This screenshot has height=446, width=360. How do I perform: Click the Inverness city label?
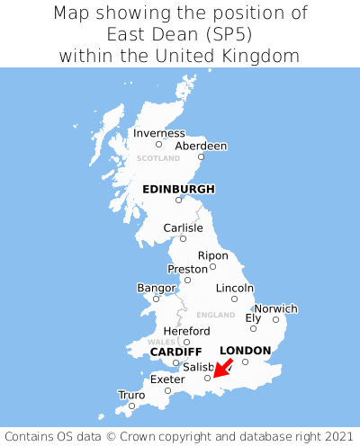[158, 133]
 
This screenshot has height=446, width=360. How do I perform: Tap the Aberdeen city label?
[201, 146]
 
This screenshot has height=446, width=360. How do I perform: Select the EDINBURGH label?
[178, 189]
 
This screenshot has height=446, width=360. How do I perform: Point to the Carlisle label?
[183, 227]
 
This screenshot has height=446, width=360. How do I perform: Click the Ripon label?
[212, 255]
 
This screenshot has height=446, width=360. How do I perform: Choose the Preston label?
[187, 269]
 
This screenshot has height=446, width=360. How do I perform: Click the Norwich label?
[275, 308]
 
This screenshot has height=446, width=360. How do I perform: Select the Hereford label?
[185, 331]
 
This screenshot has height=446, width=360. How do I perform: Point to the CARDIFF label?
[175, 352]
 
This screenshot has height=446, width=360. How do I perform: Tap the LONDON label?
[245, 350]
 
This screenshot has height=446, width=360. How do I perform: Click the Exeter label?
[166, 379]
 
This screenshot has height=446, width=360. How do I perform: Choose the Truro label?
[130, 395]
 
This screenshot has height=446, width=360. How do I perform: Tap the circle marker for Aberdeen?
[201, 157]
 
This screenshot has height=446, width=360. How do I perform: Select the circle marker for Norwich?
[275, 319]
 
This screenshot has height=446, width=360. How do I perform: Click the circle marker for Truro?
[131, 406]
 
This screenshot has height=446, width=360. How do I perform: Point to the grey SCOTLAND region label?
[158, 158]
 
